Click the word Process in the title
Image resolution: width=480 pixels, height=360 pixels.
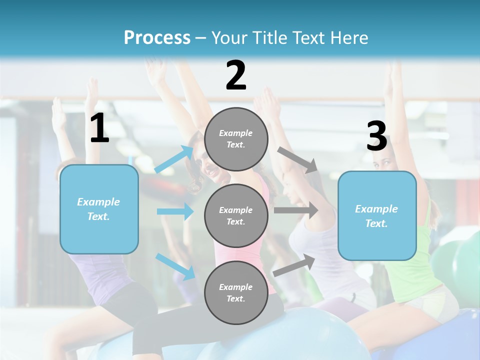157,37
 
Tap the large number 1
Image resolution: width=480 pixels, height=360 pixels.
99,128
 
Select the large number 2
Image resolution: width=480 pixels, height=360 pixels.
236,75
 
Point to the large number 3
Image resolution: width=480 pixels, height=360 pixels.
376,136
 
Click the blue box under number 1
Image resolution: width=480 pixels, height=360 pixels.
99,209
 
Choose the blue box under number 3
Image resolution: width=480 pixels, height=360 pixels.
377,215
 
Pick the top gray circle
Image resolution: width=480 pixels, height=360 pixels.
236,139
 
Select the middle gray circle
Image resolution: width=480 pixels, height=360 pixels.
236,215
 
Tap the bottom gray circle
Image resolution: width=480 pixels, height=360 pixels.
236,292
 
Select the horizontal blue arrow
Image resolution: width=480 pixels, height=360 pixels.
175,211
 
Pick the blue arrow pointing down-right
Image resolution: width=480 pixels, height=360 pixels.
175,266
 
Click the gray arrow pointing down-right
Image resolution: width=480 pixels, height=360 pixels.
298,159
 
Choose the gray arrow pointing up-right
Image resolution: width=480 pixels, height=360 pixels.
294,265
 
